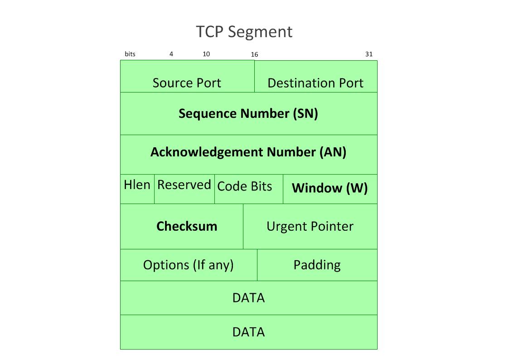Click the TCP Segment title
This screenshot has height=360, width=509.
point(244,32)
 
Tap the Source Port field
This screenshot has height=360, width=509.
point(187,83)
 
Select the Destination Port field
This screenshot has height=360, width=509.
point(315,83)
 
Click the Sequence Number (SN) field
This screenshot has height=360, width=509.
point(248,113)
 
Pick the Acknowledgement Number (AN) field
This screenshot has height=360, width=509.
point(248,152)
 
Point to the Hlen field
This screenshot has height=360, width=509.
point(137,185)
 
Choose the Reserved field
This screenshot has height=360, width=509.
point(184,185)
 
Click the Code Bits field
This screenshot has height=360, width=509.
point(245,186)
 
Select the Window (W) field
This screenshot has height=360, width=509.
point(330,188)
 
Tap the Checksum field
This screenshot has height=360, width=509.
point(187,226)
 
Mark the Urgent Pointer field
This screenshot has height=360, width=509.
point(310,226)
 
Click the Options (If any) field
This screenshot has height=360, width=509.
point(189,265)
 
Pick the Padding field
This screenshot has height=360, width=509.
point(317,265)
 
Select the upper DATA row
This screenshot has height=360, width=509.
point(248,298)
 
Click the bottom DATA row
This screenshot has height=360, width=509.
point(248,332)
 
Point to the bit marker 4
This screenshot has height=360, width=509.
point(171,54)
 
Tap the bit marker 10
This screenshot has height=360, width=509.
point(206,54)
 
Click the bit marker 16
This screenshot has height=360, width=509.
point(255,54)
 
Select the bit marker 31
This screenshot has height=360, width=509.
point(369,54)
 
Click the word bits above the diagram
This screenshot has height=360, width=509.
point(130,54)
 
